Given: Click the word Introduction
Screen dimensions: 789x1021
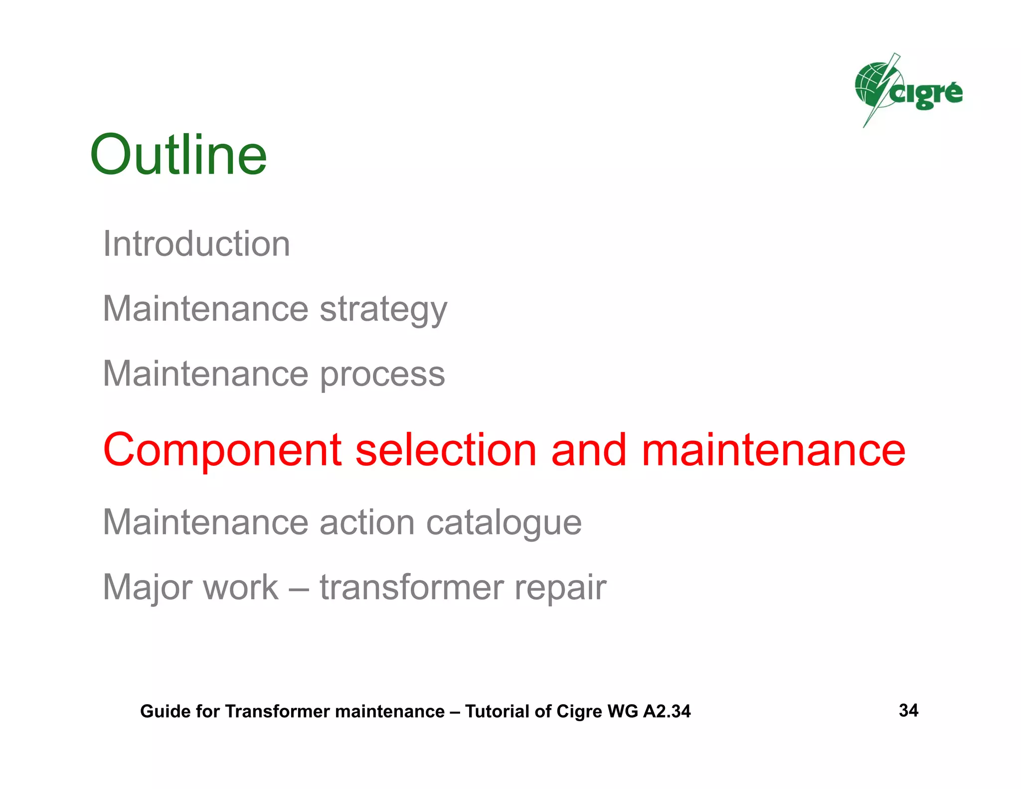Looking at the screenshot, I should tap(196, 244).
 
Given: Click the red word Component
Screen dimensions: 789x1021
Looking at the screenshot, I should tap(222, 450).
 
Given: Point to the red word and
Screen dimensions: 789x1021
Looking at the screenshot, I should tap(589, 450).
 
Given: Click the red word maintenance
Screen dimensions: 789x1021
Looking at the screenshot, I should tap(773, 450).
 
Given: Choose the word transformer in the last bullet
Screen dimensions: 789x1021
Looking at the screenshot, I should tap(412, 588).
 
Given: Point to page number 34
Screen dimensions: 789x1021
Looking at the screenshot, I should tap(908, 710).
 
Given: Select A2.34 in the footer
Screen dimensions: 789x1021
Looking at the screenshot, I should tap(667, 711).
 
